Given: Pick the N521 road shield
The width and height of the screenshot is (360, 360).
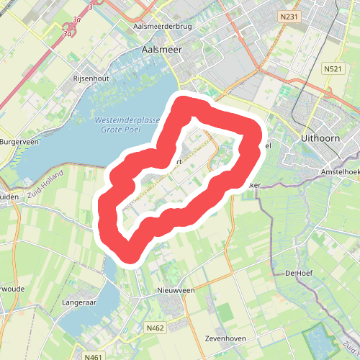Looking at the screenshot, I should (332, 68).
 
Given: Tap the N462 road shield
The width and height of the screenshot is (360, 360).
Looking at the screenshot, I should (156, 328).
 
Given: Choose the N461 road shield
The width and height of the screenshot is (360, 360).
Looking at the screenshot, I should (94, 356).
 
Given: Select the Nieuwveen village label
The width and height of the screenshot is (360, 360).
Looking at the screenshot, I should (176, 290).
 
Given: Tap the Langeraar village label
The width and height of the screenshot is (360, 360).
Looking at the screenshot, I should (79, 303).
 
